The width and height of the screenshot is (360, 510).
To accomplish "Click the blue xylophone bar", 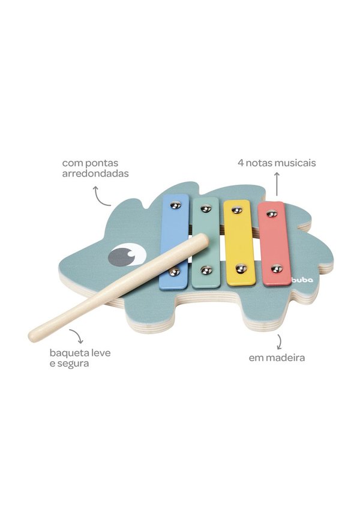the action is (x=175, y=241).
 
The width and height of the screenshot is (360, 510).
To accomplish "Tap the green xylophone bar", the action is (x=206, y=242).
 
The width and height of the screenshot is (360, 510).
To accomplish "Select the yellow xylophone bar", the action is (x=239, y=242).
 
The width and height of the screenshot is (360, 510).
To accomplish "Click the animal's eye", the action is (x=127, y=254).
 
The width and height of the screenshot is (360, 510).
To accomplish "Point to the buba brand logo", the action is (x=302, y=280).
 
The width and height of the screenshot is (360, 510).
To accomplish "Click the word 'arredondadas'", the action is (x=95, y=173).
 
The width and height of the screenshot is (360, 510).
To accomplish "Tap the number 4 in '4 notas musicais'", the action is (x=241, y=163).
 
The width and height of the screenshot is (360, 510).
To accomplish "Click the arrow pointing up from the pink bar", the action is (x=277, y=184).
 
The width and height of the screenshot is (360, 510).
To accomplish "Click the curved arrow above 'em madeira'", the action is (x=280, y=341).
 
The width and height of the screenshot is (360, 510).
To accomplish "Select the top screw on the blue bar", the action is (x=176, y=205).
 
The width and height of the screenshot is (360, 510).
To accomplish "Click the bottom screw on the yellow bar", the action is (x=241, y=268).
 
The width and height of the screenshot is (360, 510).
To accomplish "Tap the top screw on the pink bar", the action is (x=272, y=214).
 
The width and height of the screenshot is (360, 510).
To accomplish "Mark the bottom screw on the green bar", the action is (x=206, y=269).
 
